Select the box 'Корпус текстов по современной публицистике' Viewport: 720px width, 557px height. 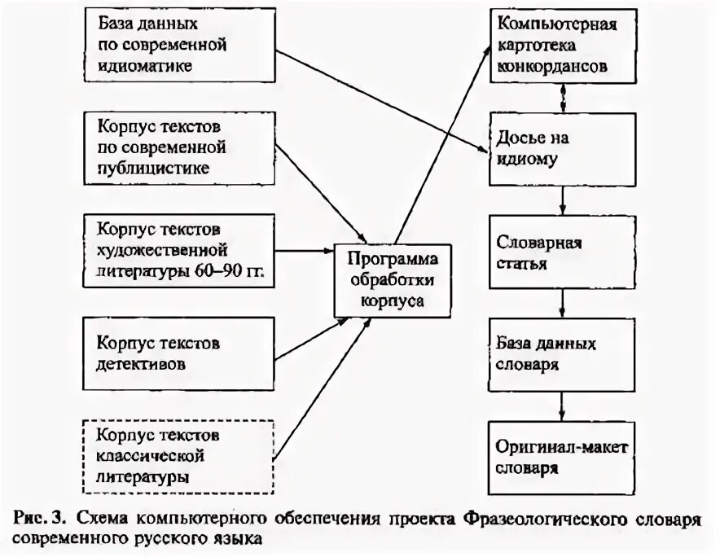point(179,147)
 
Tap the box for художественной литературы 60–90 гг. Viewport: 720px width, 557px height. point(179,249)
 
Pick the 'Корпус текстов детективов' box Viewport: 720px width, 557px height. point(179,353)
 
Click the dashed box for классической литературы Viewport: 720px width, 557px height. point(179,455)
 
